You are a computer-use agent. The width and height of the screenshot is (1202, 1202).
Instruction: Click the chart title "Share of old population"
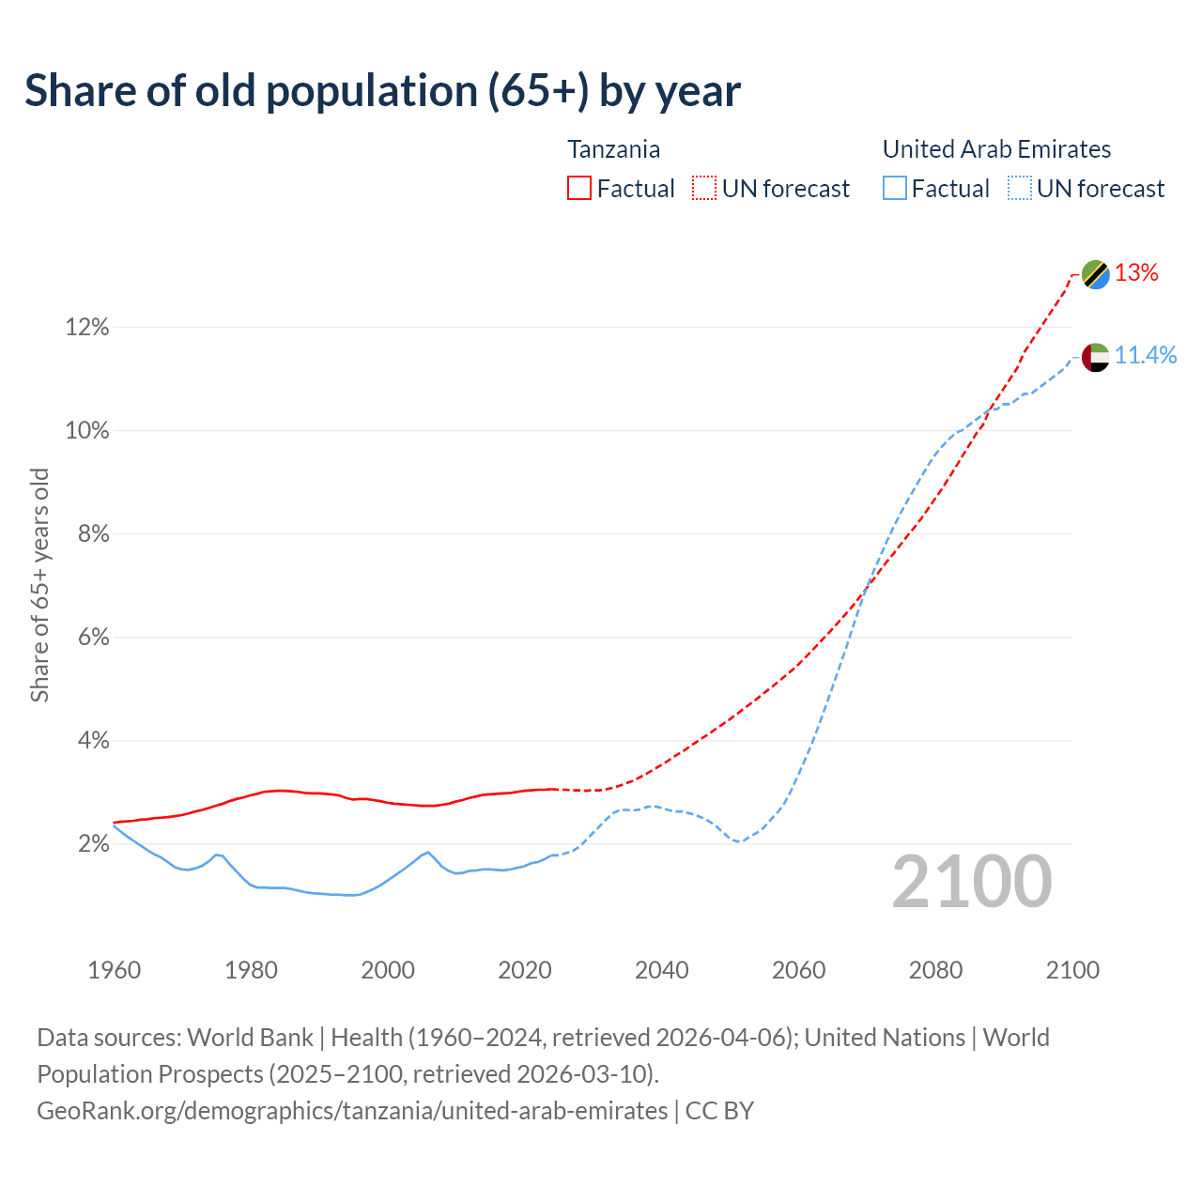click(382, 91)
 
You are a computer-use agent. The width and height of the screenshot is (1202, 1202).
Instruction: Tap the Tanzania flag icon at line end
click(1095, 274)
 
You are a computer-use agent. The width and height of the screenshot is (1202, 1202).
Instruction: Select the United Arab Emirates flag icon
click(1095, 357)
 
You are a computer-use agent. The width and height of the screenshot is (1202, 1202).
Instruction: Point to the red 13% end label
click(1136, 273)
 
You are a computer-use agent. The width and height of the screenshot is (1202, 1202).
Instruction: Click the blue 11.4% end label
click(1145, 355)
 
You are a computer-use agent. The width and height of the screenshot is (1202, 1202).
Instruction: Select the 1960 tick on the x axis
click(114, 970)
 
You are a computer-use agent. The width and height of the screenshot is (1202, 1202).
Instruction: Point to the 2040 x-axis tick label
click(662, 970)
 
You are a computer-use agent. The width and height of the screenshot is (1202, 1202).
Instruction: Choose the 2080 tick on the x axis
click(935, 970)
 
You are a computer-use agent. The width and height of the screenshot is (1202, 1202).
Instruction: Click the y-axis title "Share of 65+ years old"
click(39, 585)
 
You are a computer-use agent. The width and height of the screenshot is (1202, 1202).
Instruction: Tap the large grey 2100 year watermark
click(972, 882)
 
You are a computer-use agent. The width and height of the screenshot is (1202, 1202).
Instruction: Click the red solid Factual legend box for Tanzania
click(579, 189)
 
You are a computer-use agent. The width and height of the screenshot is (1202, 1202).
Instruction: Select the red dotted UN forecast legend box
click(704, 189)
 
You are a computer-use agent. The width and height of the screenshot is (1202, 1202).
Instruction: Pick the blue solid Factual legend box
click(895, 189)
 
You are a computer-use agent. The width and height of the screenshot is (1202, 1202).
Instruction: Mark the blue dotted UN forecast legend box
click(1020, 189)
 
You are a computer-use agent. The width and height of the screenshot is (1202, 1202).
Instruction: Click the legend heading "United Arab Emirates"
click(996, 149)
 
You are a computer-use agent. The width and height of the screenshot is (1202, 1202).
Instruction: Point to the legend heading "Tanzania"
click(613, 149)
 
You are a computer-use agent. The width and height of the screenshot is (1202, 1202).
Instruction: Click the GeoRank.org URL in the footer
click(352, 1111)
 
